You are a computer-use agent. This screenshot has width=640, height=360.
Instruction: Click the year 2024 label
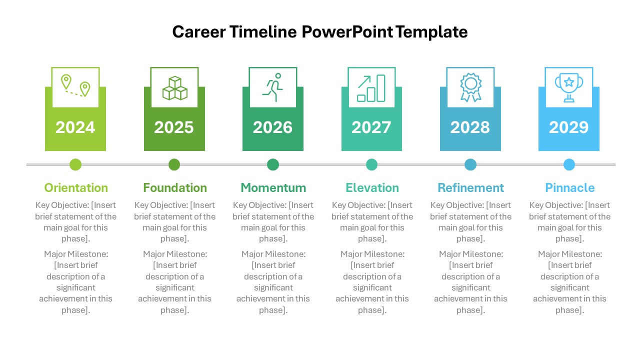75,127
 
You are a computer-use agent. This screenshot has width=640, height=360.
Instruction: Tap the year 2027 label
371,127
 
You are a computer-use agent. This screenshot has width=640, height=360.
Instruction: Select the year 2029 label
569,127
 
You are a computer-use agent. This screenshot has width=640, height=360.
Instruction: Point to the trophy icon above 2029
569,87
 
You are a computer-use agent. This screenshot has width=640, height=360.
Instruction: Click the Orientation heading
76,188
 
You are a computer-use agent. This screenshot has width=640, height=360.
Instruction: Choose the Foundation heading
175,188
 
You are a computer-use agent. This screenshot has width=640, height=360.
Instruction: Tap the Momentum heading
273,188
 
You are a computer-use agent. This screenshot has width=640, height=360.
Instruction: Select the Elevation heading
372,188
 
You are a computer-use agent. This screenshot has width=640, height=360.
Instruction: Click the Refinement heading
471,188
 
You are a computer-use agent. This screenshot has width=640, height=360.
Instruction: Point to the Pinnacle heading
570,188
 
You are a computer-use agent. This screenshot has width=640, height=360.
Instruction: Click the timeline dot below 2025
174,164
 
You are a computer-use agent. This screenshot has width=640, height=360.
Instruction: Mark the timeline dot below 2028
470,164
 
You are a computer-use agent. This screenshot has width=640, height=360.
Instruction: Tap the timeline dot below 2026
273,164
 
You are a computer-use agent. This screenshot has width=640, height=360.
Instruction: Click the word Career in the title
198,32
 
